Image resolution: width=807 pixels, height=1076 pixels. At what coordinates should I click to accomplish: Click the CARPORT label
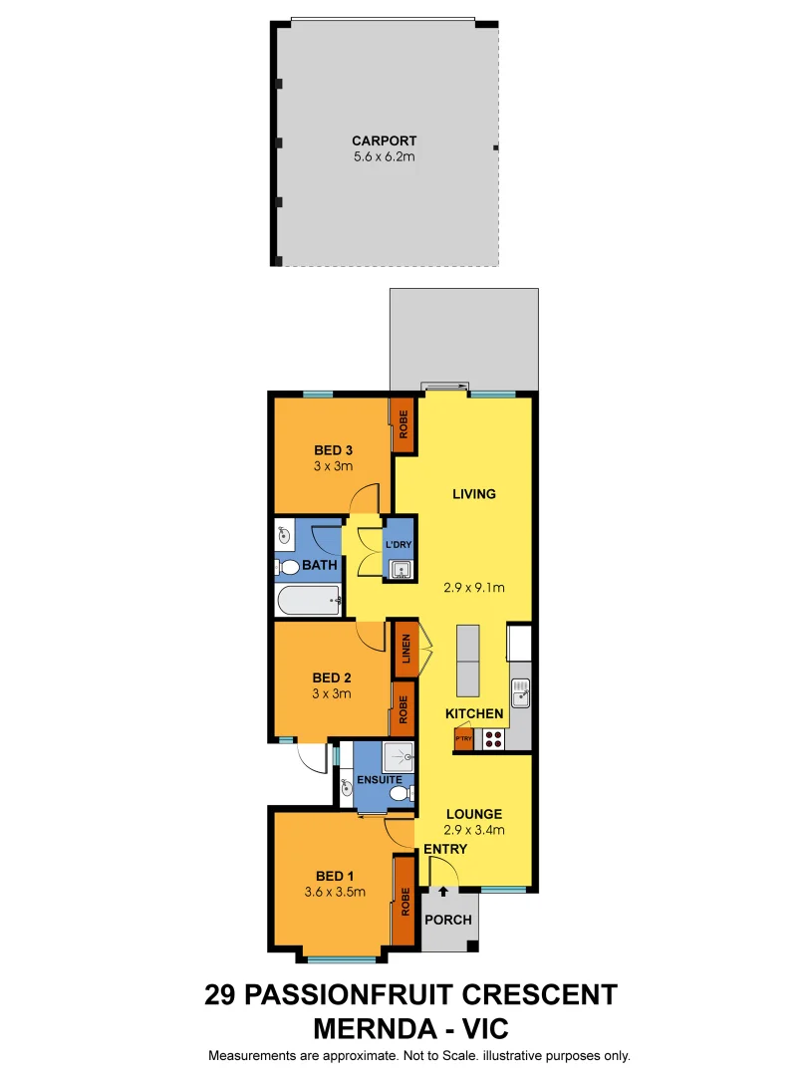pos(384,140)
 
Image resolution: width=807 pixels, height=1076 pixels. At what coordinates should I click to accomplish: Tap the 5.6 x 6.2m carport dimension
pos(384,157)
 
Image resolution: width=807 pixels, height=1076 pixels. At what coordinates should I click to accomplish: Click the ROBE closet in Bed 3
pos(403,425)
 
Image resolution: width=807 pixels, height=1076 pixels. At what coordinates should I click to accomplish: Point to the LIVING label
pos(473,493)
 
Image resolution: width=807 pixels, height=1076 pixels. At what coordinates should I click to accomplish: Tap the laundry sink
pos(401,570)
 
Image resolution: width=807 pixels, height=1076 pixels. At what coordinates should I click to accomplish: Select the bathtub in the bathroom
pos(309,600)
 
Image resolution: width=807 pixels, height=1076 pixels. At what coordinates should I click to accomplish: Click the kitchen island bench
pos(468,662)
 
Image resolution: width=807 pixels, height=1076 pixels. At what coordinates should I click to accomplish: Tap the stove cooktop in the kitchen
pos(493,738)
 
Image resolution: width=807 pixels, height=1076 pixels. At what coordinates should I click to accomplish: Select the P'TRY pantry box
pos(462,738)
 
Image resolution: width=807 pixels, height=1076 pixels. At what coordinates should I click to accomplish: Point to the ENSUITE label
pos(380,779)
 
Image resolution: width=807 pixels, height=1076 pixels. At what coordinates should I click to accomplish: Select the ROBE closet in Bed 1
pos(405,901)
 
